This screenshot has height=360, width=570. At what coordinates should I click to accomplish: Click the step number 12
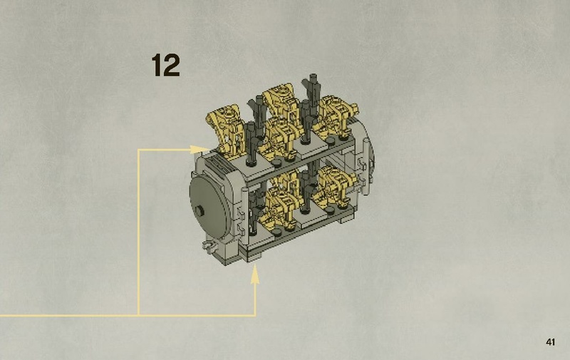(x=165, y=65)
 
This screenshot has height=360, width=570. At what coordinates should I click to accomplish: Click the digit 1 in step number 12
(x=156, y=65)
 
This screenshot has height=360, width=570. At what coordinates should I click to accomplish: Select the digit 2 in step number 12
(x=171, y=65)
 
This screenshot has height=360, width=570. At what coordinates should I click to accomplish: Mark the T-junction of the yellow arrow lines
(x=138, y=314)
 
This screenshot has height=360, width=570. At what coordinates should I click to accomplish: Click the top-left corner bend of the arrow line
(x=138, y=150)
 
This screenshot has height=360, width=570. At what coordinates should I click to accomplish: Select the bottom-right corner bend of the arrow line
(x=255, y=314)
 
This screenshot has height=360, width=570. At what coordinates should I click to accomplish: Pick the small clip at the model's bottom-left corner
(x=208, y=247)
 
